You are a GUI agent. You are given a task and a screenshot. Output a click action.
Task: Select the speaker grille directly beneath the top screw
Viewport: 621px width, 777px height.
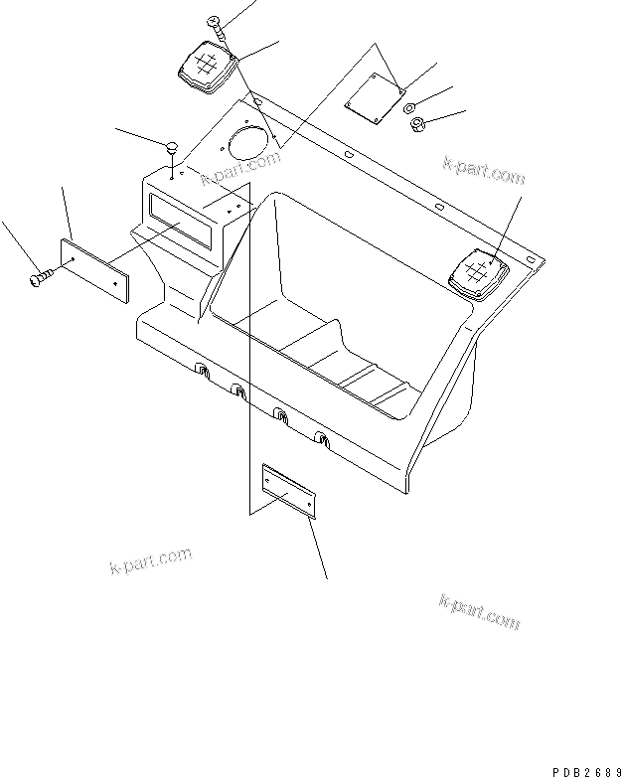pyautogui.click(x=207, y=69)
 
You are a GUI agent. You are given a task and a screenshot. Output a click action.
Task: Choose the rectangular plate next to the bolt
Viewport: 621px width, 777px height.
pyautogui.click(x=94, y=268)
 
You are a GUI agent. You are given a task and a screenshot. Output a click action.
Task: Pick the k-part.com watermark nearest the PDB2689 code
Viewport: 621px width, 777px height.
pyautogui.click(x=479, y=611)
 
